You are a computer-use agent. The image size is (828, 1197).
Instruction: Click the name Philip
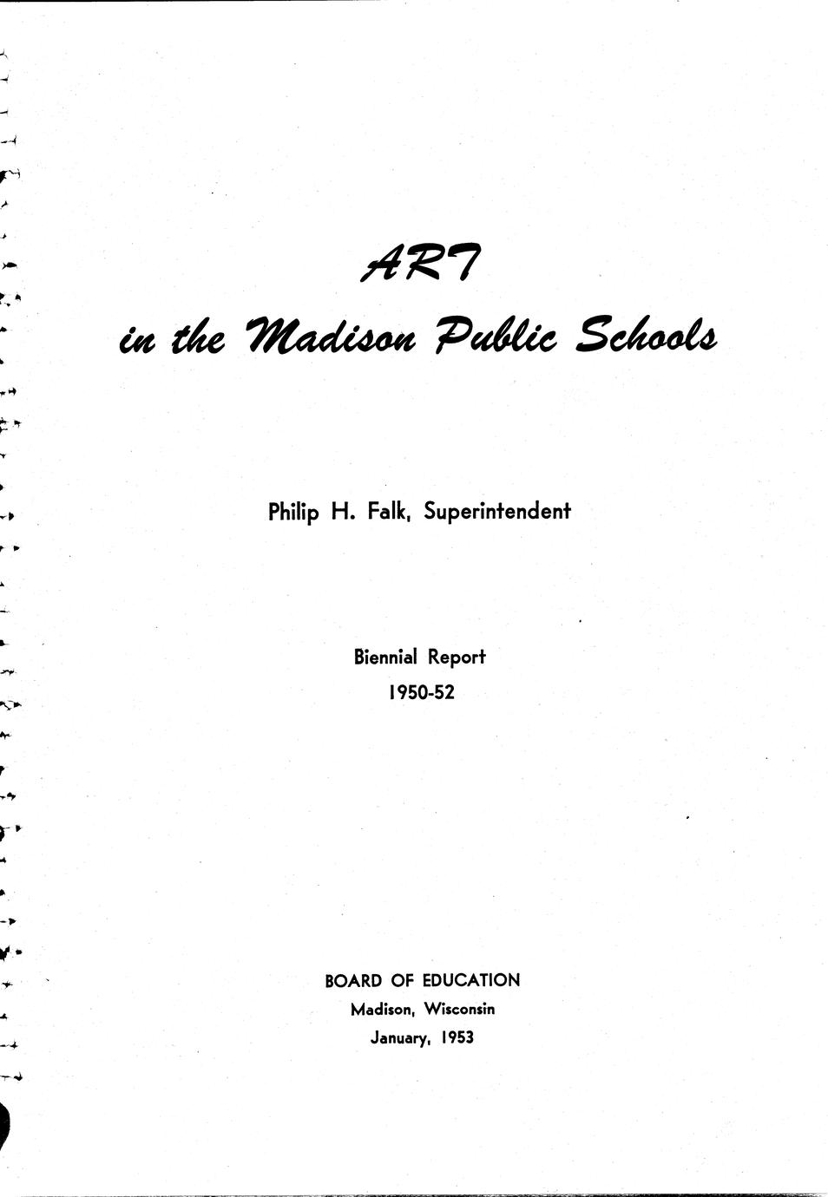click(294, 513)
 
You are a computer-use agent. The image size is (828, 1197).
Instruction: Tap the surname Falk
click(388, 512)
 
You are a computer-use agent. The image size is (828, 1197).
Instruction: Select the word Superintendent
click(496, 512)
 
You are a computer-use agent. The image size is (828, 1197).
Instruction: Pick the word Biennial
click(384, 657)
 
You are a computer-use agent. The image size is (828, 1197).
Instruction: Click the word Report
click(456, 657)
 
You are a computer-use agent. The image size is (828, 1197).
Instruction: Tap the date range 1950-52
click(421, 693)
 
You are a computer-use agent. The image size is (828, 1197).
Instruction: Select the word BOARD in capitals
click(353, 981)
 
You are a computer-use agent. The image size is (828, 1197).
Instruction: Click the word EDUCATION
click(471, 981)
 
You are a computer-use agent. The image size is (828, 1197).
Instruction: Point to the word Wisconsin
click(459, 1010)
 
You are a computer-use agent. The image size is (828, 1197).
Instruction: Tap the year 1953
click(457, 1038)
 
